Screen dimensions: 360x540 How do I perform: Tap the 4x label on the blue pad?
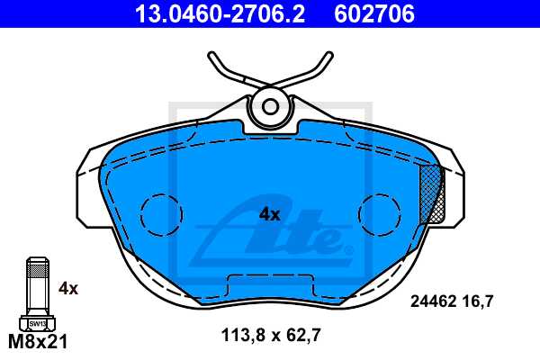click(270, 214)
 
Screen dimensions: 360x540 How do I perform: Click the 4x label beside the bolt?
click(68, 288)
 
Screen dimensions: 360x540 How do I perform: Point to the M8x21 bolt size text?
click(38, 342)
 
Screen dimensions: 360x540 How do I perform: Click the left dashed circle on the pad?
click(159, 214)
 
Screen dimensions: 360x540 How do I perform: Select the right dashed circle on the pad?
click(379, 214)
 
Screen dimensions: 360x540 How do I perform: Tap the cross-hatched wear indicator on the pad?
click(433, 194)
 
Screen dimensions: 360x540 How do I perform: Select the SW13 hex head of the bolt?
click(37, 322)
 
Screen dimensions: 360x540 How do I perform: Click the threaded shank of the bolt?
click(37, 292)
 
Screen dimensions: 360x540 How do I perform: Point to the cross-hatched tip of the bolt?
click(37, 265)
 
